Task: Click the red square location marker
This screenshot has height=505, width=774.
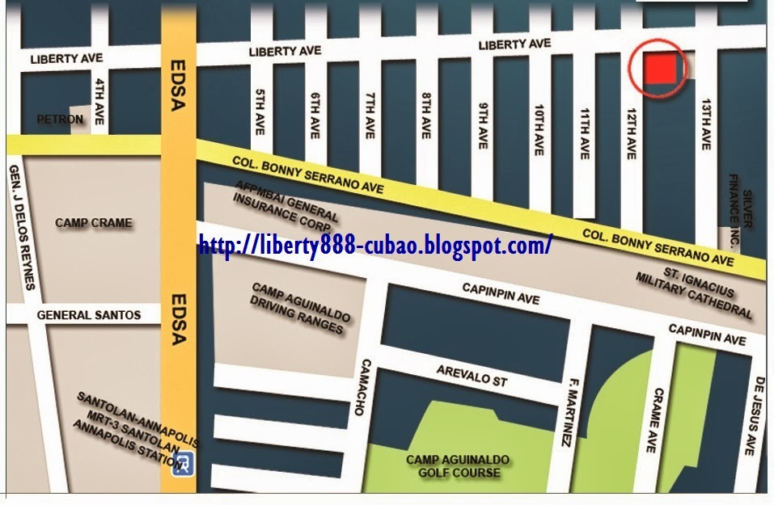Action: (659, 69)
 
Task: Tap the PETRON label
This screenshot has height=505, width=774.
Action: (60, 120)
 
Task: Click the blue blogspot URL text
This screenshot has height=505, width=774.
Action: (375, 244)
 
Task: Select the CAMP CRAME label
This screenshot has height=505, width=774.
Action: (93, 222)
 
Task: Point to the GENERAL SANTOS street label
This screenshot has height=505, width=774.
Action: (88, 315)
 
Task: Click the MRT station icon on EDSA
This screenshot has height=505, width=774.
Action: (185, 461)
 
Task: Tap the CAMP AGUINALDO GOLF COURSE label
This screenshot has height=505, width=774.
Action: (458, 466)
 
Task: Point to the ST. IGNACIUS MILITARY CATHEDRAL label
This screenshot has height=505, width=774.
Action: (696, 294)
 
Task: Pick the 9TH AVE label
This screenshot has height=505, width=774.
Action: (483, 124)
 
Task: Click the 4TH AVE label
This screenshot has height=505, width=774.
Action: (99, 96)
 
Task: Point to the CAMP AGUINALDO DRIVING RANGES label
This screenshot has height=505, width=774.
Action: (298, 308)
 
